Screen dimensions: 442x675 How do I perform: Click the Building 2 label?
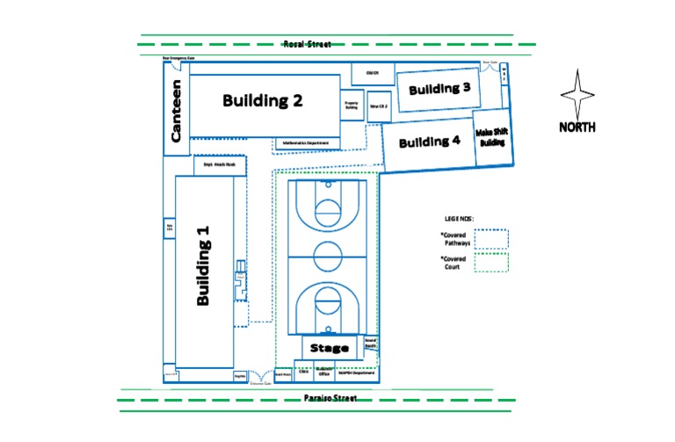point(262,100)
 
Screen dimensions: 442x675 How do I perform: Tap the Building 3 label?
point(439,89)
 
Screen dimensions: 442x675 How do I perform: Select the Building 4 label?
point(429,141)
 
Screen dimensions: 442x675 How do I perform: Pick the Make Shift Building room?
point(491,138)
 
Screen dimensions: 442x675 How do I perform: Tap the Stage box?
point(330,348)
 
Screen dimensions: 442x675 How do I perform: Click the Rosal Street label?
point(307,44)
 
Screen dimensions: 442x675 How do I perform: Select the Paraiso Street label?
point(324,398)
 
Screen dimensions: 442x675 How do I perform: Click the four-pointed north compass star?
point(577,95)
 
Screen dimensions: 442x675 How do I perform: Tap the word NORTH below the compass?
point(577,127)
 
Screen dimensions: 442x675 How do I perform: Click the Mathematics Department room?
point(307,143)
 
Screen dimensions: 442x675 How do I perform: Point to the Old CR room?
point(372,73)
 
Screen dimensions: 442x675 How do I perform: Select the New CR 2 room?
point(379,106)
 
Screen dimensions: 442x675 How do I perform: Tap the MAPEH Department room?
point(355,373)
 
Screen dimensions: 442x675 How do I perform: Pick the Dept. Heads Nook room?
point(215,164)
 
